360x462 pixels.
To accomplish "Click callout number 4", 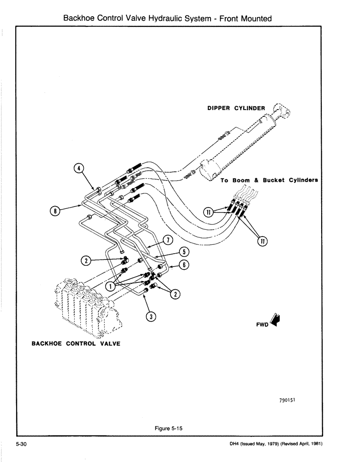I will coord(79,168).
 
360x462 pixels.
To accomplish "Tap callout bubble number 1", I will coord(111,286).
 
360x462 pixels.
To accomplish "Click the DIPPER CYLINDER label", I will coord(235,108).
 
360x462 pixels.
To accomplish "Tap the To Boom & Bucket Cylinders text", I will coord(269,180).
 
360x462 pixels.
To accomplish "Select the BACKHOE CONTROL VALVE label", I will coord(76,343).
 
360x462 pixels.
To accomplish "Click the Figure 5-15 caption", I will coord(169,428).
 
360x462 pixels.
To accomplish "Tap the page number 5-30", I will coord(22,444).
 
